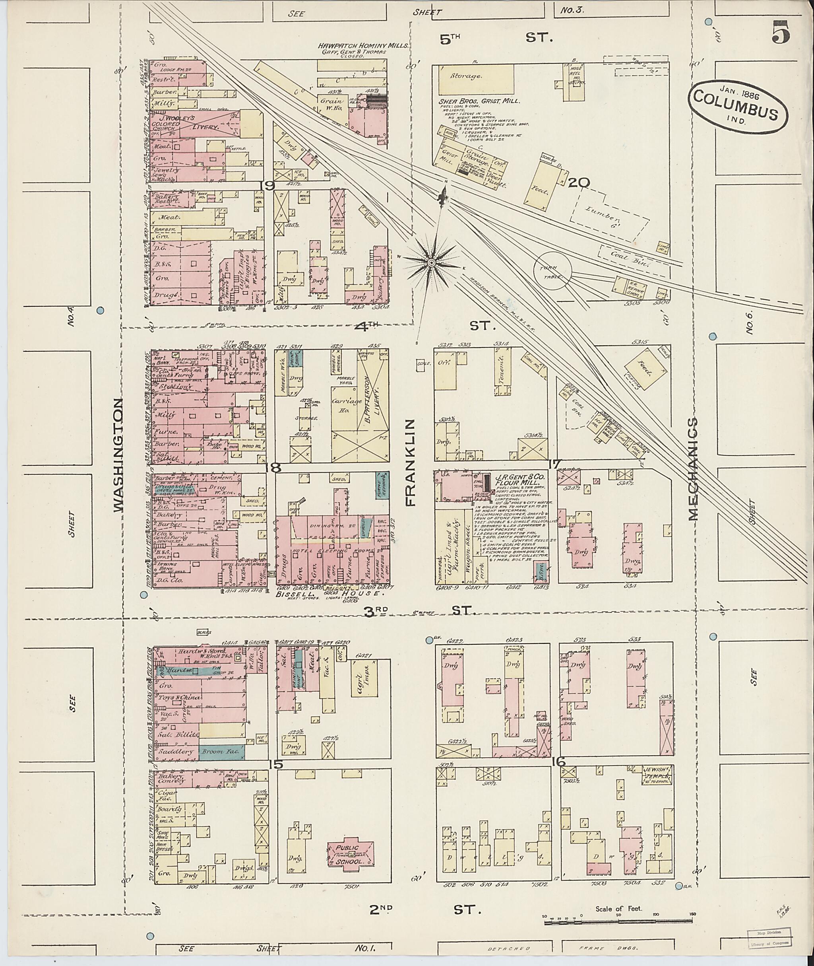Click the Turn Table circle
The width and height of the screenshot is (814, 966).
point(552,269)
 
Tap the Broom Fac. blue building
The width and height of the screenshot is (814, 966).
point(221,752)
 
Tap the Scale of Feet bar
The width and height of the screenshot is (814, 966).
point(618,923)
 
